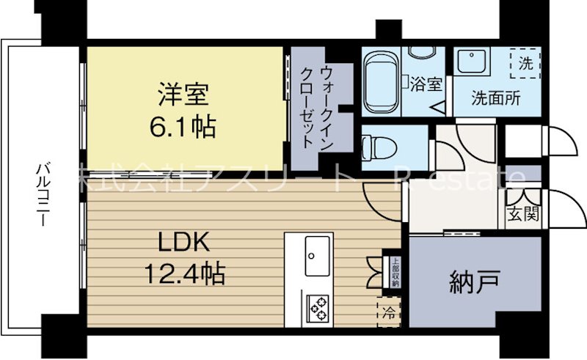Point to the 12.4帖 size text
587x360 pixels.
coord(183,275)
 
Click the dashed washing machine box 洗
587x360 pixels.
coord(526,63)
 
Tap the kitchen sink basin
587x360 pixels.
coord(317,256)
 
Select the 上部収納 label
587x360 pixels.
coord(395,272)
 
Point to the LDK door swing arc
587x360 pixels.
coord(382,198)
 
